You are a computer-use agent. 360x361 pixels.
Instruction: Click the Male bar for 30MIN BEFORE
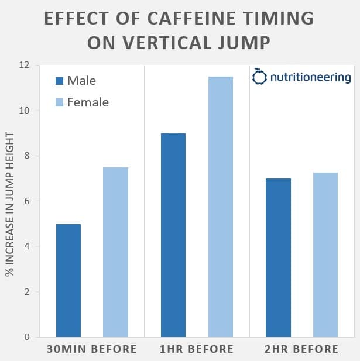pyautogui.click(x=68, y=280)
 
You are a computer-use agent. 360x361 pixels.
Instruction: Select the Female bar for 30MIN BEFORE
pyautogui.click(x=115, y=252)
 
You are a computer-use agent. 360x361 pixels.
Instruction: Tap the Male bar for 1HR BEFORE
pyautogui.click(x=173, y=235)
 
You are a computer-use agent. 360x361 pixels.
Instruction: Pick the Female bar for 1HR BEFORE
pyautogui.click(x=220, y=207)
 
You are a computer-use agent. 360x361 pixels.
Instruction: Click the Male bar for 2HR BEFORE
pyautogui.click(x=278, y=257)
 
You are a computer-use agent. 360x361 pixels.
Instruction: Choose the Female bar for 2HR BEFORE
pyautogui.click(x=325, y=255)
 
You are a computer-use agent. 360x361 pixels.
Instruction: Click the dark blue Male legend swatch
pyautogui.click(x=59, y=81)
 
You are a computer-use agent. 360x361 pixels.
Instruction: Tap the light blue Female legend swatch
pyautogui.click(x=59, y=102)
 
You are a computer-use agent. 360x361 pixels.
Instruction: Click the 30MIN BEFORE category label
pyautogui.click(x=92, y=349)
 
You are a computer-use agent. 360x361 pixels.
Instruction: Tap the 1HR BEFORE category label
pyautogui.click(x=197, y=349)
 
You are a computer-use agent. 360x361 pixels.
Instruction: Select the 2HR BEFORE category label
pyautogui.click(x=302, y=349)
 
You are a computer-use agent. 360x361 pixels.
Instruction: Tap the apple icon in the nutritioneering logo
pyautogui.click(x=259, y=77)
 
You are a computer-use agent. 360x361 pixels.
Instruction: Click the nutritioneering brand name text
pyautogui.click(x=310, y=77)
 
